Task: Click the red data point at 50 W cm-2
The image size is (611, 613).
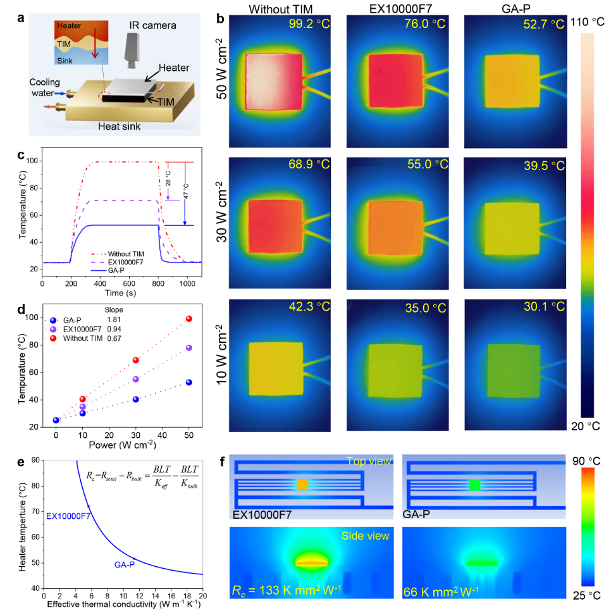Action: [x=188, y=318]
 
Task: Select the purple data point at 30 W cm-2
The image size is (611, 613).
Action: [x=135, y=379]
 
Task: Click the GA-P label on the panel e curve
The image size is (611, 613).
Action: [x=124, y=564]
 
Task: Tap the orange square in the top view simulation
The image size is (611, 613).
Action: [x=303, y=485]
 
